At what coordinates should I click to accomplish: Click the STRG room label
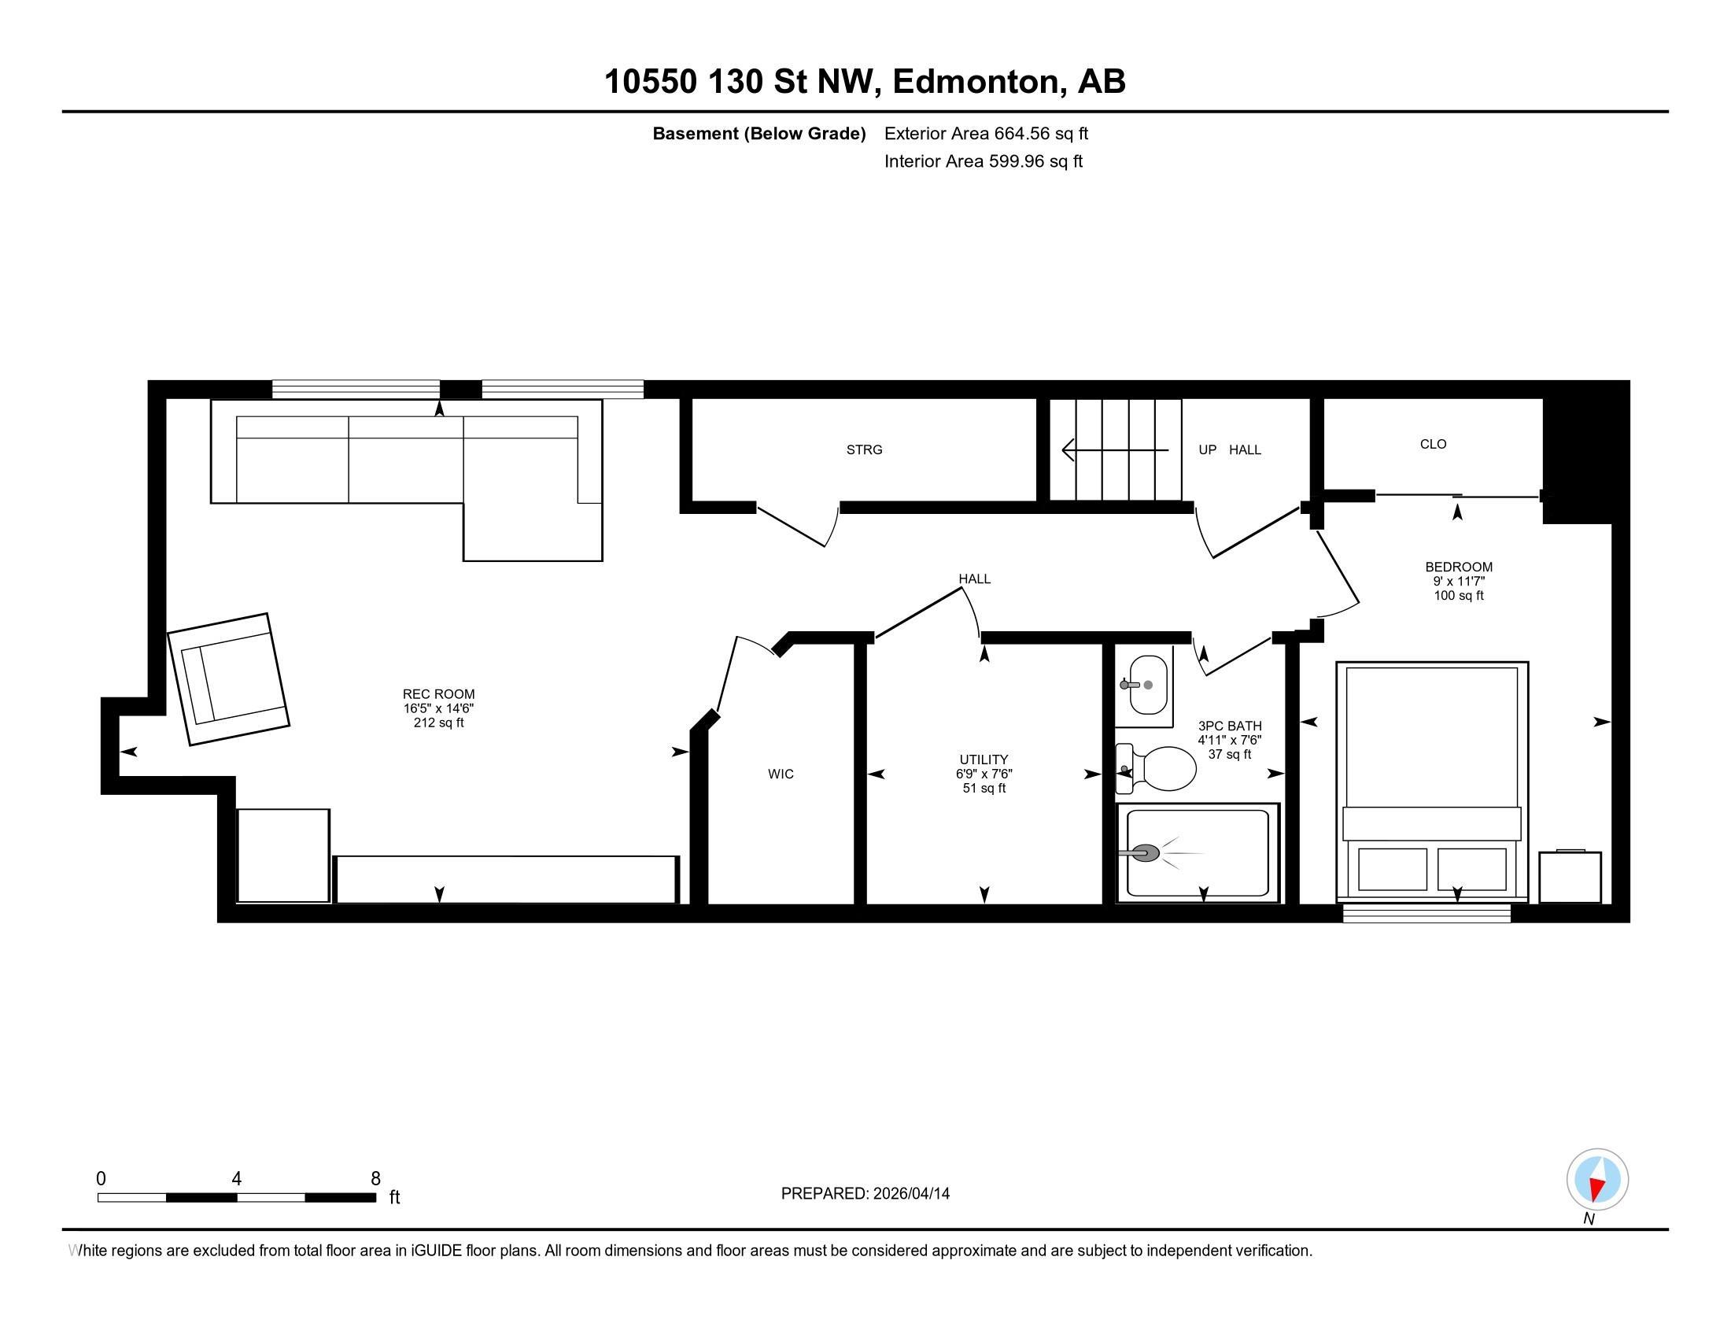(864, 449)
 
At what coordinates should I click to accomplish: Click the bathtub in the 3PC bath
(1197, 853)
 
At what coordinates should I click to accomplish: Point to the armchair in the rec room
(228, 679)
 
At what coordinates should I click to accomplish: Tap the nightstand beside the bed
(1570, 876)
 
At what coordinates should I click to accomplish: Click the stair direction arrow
(1113, 450)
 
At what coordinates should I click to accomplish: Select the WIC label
(780, 774)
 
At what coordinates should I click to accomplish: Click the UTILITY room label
(984, 760)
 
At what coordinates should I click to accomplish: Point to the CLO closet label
(1433, 444)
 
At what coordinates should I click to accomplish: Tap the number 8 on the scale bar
(375, 1178)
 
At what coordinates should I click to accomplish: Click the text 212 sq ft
(438, 723)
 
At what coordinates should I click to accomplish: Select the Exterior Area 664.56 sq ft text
(986, 133)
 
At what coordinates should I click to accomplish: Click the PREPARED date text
(865, 1193)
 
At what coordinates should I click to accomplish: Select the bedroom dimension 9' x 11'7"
(1458, 581)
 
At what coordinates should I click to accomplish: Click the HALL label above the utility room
(974, 578)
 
